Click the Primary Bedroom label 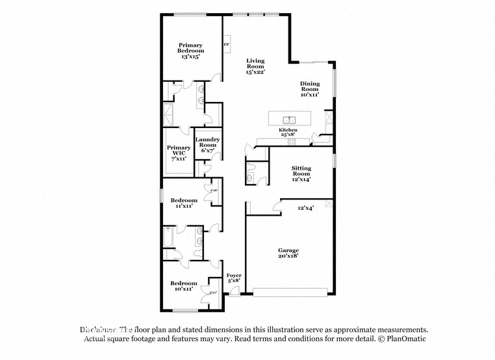191,51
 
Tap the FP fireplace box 226,45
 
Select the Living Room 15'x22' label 255,66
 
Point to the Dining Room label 309,88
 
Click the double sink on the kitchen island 290,120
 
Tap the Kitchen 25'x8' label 288,133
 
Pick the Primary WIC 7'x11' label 178,152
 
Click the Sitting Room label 301,174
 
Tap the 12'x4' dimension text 305,209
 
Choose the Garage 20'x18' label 288,253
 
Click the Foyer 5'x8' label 234,278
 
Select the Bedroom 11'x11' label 184,203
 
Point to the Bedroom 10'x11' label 184,286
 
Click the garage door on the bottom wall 290,293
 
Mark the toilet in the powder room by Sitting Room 250,174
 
